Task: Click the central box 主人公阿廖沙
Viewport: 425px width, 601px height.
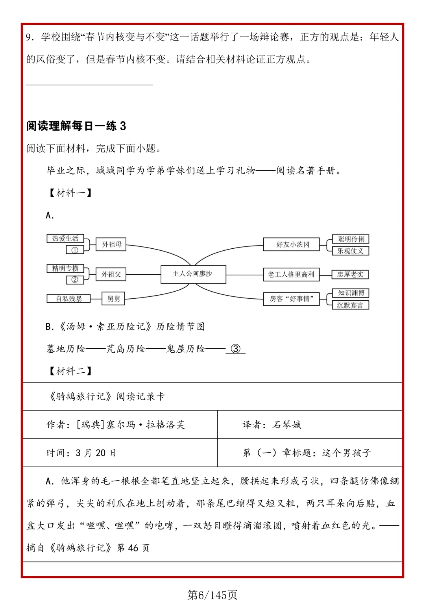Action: click(193, 274)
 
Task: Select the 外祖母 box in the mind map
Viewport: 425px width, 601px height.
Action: click(112, 244)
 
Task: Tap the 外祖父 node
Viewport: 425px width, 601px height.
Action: click(111, 274)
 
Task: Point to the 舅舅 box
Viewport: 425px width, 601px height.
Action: click(113, 299)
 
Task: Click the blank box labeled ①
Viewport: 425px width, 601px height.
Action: click(75, 250)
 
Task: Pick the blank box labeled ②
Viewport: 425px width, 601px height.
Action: click(75, 280)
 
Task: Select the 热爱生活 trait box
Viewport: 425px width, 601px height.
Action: click(65, 239)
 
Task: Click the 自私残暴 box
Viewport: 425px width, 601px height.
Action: click(68, 299)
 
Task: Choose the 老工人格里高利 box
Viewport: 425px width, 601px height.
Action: click(291, 274)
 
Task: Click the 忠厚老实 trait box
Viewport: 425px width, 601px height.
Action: click(350, 274)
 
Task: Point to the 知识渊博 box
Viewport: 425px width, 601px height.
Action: click(351, 293)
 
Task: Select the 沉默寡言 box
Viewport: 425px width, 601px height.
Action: click(350, 305)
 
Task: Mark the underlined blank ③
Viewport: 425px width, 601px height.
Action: click(235, 349)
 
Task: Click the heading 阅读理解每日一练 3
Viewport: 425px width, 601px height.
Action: click(76, 126)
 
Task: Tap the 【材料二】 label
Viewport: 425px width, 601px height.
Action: click(70, 371)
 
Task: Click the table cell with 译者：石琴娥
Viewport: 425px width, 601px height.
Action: click(272, 425)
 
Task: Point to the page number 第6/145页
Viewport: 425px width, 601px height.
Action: click(212, 594)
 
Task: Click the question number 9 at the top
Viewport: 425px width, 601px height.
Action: click(29, 37)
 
